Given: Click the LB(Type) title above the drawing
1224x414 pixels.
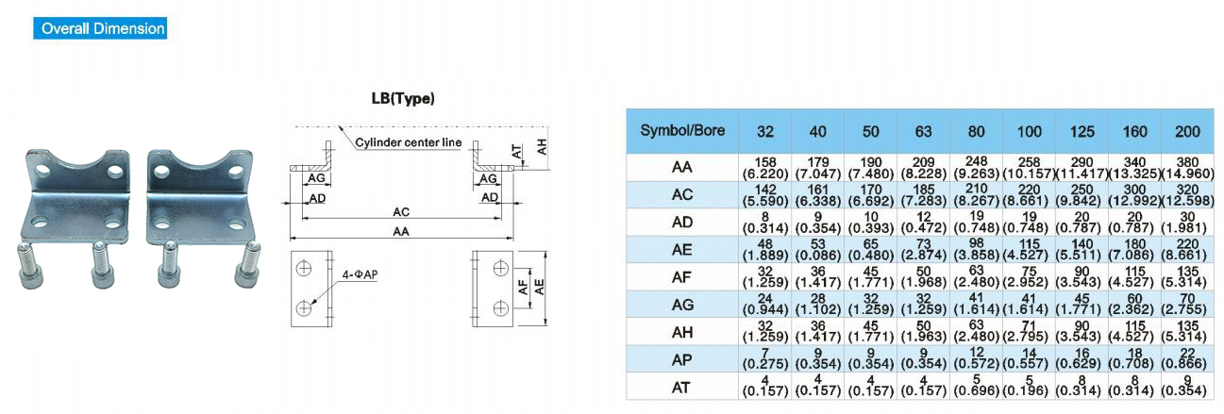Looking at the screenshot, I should coord(403,98).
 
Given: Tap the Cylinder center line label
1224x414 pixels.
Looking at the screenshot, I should coord(409,142).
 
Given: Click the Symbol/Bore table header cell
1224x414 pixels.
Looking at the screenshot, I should coord(682,130).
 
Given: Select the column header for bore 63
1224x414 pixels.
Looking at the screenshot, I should coord(914,132).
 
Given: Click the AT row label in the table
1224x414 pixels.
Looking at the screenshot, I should coord(682,386).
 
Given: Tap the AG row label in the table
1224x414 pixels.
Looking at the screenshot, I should coord(682,304).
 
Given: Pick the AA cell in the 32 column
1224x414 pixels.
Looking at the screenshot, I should coord(765,168).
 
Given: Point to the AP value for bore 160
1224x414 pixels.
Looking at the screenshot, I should coord(1132,358).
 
